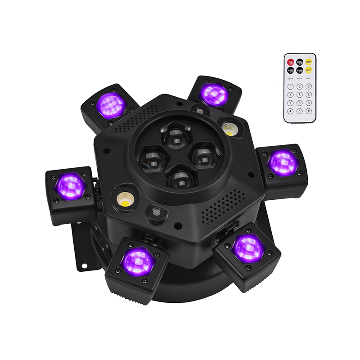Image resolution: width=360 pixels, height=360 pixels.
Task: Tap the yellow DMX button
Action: tap(309, 62)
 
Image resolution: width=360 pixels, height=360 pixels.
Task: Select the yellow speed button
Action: tap(309, 70)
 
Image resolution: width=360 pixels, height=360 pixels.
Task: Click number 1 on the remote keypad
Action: tap(291, 86)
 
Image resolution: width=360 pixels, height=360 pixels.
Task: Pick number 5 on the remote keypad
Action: tap(300, 94)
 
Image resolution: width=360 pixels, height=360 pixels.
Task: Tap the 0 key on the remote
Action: tap(300, 111)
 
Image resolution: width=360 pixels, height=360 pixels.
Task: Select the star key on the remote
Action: tap(291, 111)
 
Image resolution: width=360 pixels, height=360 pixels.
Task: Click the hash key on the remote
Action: tap(309, 111)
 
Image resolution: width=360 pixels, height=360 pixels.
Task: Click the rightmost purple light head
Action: tap(283, 163)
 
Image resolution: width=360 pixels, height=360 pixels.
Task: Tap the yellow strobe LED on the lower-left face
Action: tap(124, 198)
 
